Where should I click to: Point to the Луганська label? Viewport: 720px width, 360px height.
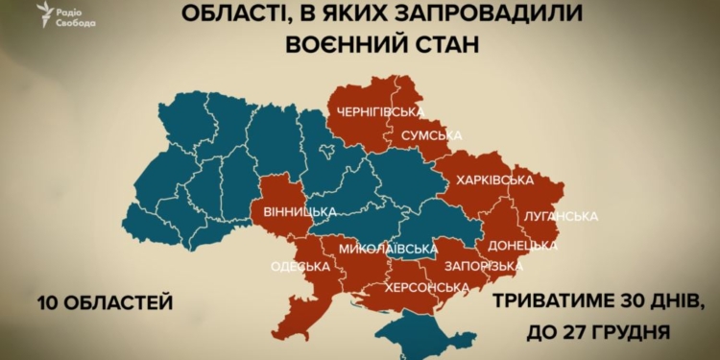[562, 215]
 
